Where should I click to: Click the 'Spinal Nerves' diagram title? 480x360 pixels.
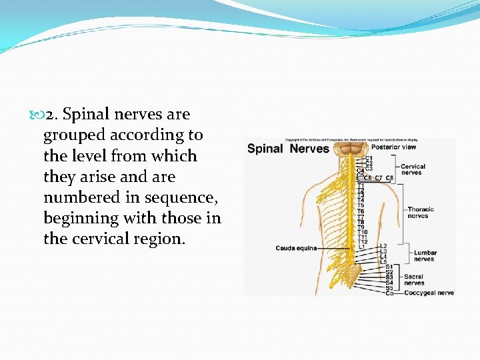click(x=288, y=149)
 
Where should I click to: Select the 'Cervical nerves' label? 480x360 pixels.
click(x=413, y=169)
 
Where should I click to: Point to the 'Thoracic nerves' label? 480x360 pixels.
click(x=421, y=213)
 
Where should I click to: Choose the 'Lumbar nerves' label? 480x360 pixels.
click(x=425, y=256)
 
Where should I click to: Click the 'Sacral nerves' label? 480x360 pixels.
click(x=413, y=279)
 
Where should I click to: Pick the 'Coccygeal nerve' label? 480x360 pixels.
click(x=429, y=293)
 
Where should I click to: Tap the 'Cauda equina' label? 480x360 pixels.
click(x=295, y=248)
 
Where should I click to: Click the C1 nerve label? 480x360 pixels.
click(x=369, y=158)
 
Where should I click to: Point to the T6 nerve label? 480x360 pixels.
click(x=361, y=211)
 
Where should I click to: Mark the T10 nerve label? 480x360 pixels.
click(x=362, y=232)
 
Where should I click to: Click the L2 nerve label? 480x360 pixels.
click(x=383, y=246)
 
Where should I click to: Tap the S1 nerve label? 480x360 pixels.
click(x=389, y=267)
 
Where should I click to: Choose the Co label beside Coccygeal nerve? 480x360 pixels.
click(x=389, y=293)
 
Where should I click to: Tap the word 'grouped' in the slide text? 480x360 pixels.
click(x=74, y=135)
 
